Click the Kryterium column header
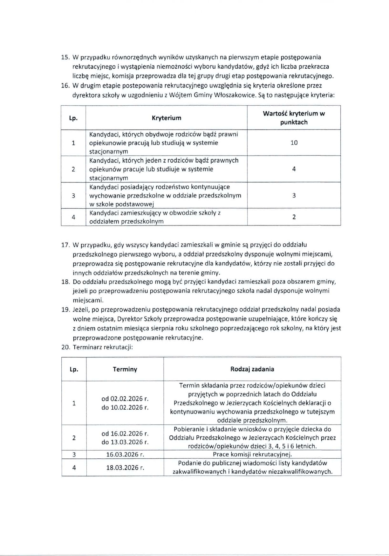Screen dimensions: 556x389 (167, 118)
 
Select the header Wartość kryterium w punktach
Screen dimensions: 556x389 (294, 118)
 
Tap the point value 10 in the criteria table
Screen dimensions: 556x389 (294, 143)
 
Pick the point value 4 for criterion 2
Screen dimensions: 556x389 (294, 169)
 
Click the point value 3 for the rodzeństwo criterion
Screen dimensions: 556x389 (294, 195)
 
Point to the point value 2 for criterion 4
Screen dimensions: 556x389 (294, 217)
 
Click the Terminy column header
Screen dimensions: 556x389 (125, 369)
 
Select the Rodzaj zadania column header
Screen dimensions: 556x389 (252, 369)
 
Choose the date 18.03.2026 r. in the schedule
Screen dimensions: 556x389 (125, 468)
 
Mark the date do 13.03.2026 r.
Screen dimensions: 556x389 (125, 442)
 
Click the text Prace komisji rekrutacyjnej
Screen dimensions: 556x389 (252, 454)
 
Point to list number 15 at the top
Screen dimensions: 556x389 (65, 58)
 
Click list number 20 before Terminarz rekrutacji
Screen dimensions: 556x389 (65, 347)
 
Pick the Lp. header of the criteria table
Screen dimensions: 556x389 (73, 118)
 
